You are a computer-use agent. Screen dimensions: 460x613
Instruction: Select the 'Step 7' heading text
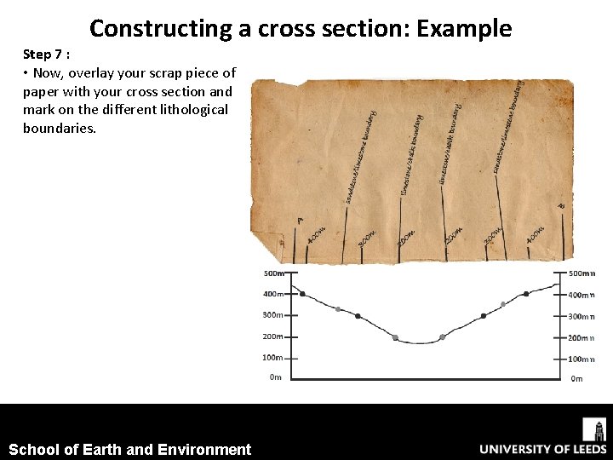pyautogui.click(x=46, y=54)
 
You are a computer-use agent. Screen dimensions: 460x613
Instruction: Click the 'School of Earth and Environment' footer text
pyautogui.click(x=129, y=450)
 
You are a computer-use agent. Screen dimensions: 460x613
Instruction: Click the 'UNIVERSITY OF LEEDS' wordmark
pyautogui.click(x=542, y=449)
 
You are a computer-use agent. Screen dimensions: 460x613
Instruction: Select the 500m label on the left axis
pyautogui.click(x=273, y=273)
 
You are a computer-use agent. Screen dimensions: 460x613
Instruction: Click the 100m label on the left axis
pyautogui.click(x=273, y=358)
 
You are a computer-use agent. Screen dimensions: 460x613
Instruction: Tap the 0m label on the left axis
pyautogui.click(x=275, y=377)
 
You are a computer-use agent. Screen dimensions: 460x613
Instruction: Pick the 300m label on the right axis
pyautogui.click(x=581, y=316)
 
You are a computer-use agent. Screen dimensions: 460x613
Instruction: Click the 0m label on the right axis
pyautogui.click(x=576, y=378)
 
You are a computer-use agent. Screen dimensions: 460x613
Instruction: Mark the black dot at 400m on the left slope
pyautogui.click(x=302, y=294)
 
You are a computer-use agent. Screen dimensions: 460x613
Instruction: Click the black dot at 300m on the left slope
pyautogui.click(x=358, y=316)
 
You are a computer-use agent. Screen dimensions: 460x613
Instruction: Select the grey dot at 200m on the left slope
pyautogui.click(x=395, y=337)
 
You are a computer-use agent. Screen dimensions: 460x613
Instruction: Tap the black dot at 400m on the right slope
pyautogui.click(x=526, y=294)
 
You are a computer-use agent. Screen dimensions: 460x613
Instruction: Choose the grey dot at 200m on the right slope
pyautogui.click(x=442, y=337)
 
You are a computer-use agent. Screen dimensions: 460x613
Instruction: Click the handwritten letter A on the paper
pyautogui.click(x=300, y=221)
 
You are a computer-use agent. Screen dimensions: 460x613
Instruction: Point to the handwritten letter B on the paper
pyautogui.click(x=560, y=206)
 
